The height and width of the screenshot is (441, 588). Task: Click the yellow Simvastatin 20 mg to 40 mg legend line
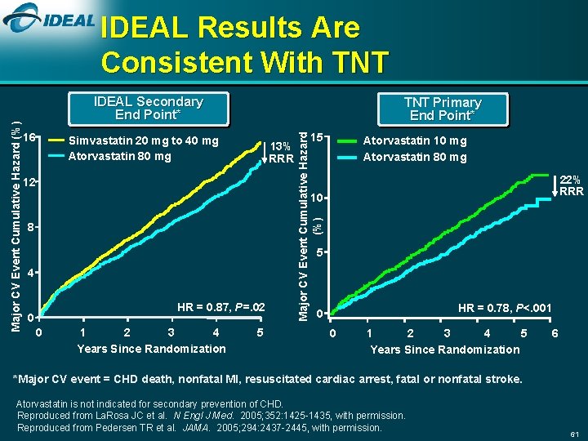click(56, 141)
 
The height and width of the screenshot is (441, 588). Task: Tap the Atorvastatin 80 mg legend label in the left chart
click(120, 156)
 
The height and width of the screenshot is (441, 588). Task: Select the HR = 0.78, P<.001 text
click(505, 308)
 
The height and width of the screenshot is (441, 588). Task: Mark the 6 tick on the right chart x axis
click(555, 333)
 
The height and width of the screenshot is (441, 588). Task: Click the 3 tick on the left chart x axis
click(170, 332)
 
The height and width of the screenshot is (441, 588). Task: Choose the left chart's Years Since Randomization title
click(151, 349)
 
